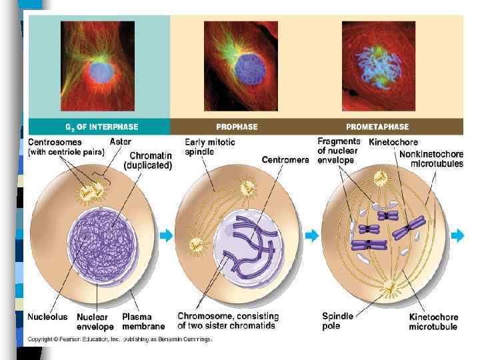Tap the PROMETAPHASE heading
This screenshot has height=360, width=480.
pos(377,126)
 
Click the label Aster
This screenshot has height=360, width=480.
pos(120,142)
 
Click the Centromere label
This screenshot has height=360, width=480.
pos(285,160)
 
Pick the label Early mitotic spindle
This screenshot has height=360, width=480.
pos(210,147)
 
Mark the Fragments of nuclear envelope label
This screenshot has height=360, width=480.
pos(339,151)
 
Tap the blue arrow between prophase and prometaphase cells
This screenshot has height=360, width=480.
pos(312,235)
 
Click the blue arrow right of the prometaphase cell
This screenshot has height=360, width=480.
pos(457,235)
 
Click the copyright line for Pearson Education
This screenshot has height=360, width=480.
pos(120,339)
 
